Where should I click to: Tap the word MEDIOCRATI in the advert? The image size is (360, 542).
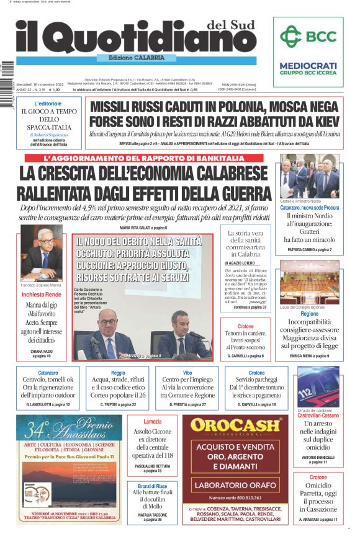pyautogui.click(x=308, y=66)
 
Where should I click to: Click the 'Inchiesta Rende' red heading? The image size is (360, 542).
pyautogui.click(x=42, y=295)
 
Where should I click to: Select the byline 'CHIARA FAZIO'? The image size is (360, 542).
pyautogui.click(x=41, y=352)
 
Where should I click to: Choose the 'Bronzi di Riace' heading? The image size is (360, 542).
pyautogui.click(x=152, y=486)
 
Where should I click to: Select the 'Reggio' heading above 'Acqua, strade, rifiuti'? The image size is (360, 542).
pyautogui.click(x=117, y=373)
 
